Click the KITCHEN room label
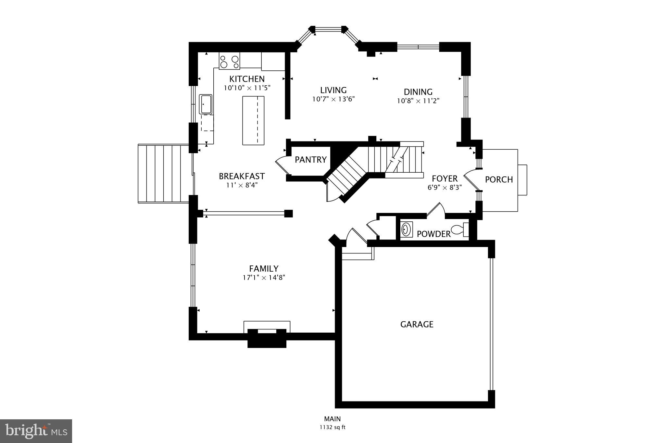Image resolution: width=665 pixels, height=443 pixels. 247,79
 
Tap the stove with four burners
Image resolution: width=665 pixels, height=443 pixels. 229,61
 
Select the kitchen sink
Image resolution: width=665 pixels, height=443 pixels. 206,104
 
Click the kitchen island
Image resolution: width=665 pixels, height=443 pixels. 253,120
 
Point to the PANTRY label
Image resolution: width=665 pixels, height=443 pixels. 310,160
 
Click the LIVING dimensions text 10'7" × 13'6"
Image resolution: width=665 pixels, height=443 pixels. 333,99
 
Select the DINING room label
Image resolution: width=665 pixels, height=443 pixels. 418,92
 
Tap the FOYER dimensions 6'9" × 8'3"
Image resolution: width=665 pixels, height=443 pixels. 445,187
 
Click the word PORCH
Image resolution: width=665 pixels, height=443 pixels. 499,179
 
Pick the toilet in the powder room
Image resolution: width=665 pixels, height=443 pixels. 460,229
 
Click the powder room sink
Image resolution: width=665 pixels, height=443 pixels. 406,229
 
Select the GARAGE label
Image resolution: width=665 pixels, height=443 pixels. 417,324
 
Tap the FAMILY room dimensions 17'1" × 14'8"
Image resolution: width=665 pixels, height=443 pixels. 264,277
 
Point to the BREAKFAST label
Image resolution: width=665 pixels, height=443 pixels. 242,176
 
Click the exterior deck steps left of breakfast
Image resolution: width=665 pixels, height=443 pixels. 163,174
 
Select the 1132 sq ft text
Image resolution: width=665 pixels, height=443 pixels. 332,427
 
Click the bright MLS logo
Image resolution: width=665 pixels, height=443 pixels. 36,431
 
